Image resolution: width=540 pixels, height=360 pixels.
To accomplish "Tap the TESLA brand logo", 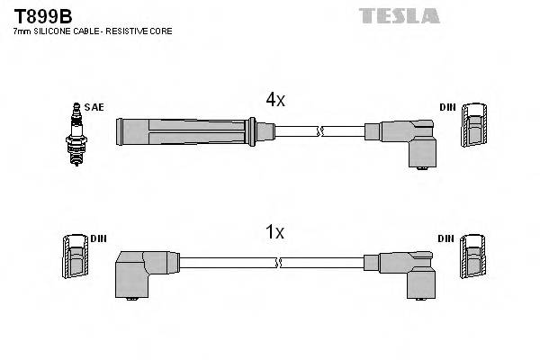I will coord(399,15).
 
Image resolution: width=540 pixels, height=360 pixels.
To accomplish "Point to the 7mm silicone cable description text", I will coord(93,31).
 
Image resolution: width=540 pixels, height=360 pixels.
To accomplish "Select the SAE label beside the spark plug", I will coord(94,107).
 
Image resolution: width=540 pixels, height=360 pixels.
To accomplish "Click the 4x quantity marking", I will coord(274,101).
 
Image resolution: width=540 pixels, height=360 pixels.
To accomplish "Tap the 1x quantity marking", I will coord(274,232).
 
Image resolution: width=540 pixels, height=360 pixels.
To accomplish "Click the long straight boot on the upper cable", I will coord(184,131).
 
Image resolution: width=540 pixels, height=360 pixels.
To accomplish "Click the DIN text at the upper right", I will coord(447,107).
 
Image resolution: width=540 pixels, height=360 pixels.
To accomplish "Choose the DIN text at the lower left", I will coord(98,238).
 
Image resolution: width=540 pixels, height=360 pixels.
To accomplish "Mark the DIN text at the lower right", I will coord(447,238).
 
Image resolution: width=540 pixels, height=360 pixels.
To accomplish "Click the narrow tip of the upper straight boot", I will coord(263,132).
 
